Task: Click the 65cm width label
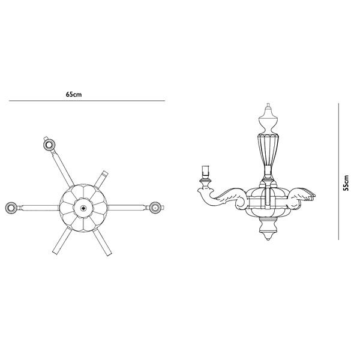(x=74, y=94)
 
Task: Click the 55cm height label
(x=346, y=183)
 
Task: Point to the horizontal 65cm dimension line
(x=87, y=101)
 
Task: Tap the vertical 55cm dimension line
(x=338, y=172)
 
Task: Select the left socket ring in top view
(x=11, y=208)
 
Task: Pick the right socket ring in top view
(x=155, y=208)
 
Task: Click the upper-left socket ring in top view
(x=49, y=145)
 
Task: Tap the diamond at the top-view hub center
(x=83, y=208)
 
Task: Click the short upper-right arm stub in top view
(x=101, y=179)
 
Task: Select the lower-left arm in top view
(x=62, y=241)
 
